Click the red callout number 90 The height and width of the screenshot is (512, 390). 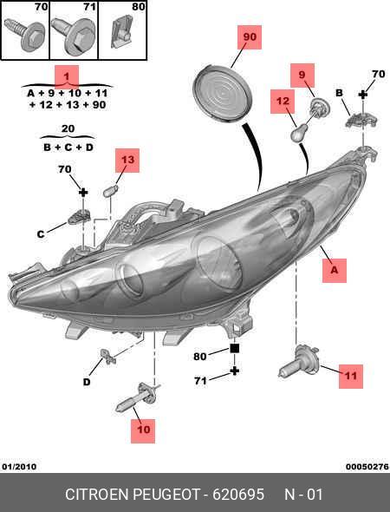coord(250,37)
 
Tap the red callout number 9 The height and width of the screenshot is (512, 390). coord(302,75)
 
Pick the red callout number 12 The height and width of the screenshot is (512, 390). coord(283,101)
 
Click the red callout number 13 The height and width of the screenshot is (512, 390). coord(127,160)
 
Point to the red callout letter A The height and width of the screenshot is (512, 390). coord(335,271)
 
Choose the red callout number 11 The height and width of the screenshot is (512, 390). coord(351,376)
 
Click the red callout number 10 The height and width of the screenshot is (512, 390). coord(143,430)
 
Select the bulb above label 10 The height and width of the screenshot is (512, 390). coord(138,397)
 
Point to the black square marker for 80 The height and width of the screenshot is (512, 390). coord(235,348)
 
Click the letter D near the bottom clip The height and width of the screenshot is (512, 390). coord(87,382)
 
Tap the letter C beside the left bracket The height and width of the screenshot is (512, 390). coord(41,234)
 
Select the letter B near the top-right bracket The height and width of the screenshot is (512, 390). coord(339,93)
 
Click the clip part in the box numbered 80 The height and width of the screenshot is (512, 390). coord(121,33)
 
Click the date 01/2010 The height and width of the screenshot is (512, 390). coord(19,466)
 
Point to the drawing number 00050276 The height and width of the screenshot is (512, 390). coord(367,466)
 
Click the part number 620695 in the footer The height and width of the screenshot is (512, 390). coord(238,495)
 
